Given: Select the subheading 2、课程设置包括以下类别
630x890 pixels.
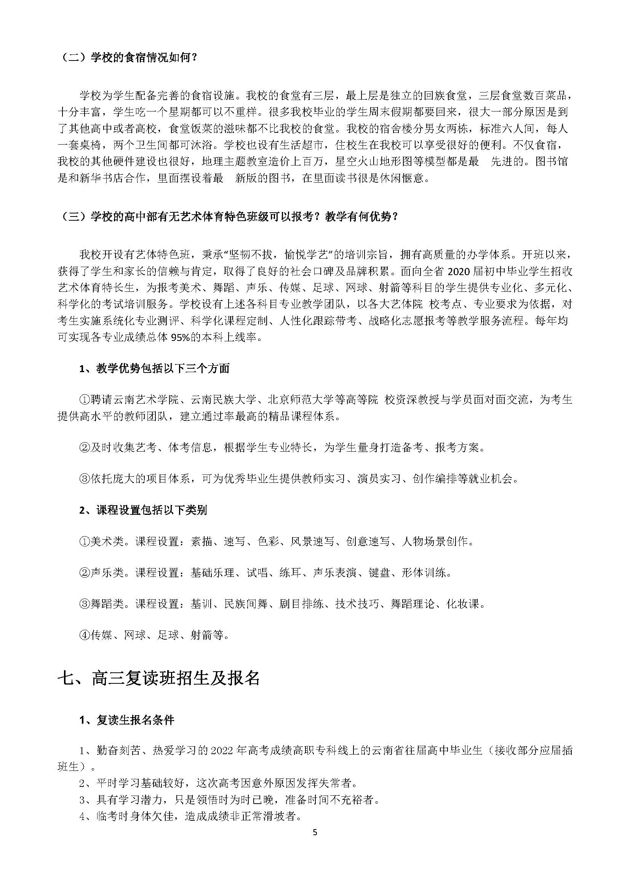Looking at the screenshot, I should (143, 510).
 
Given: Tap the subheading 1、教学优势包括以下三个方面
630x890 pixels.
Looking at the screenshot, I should (154, 368).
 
